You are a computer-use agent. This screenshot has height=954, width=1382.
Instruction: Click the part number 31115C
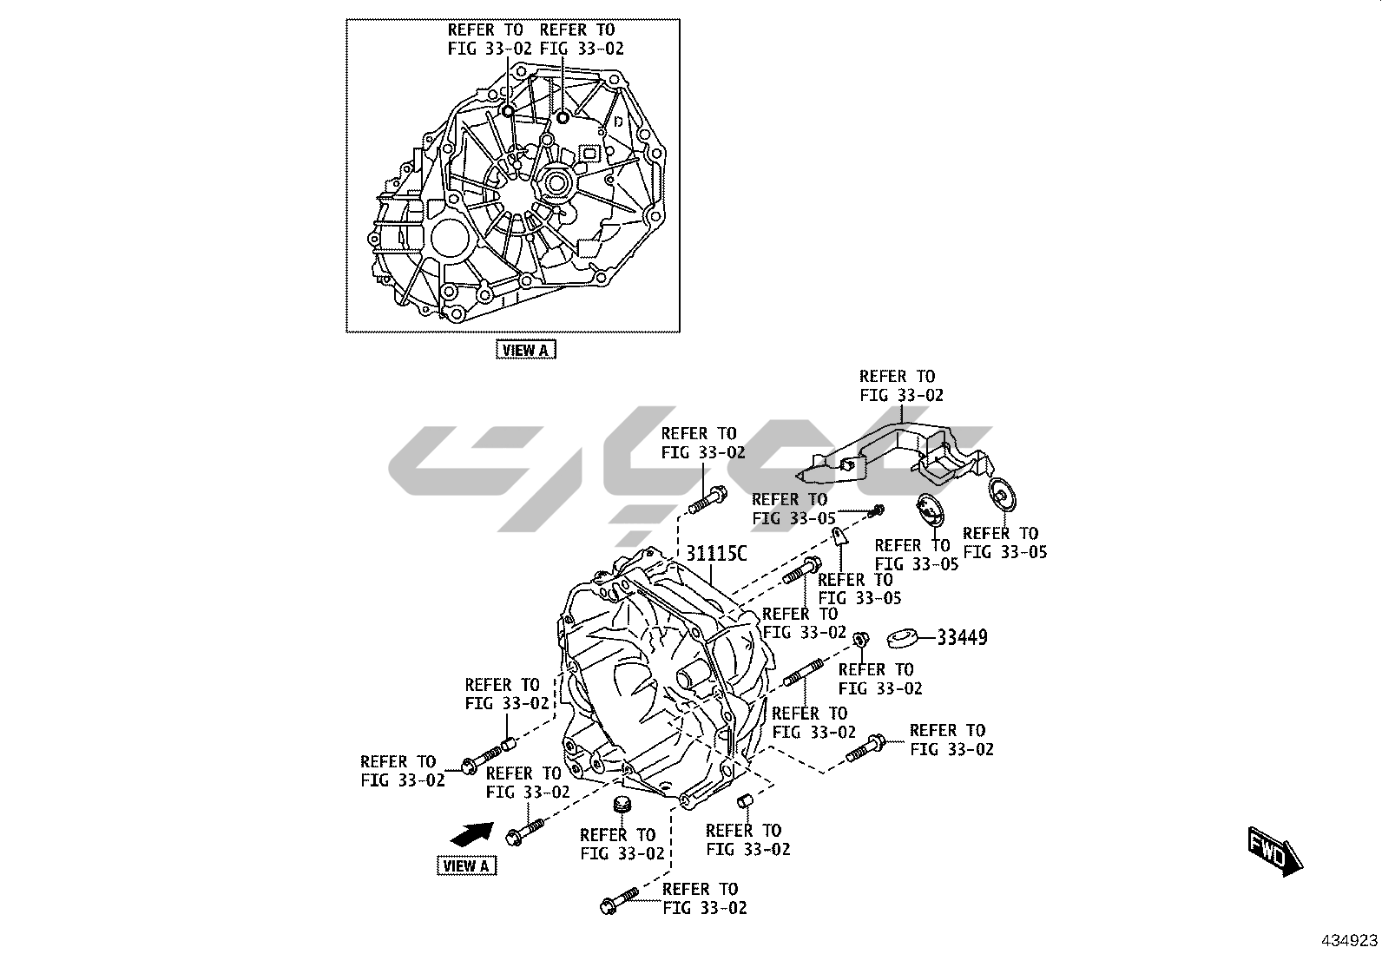[716, 554]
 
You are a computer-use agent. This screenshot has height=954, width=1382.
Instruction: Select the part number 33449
[962, 638]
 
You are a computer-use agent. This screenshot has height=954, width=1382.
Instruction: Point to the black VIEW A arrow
[471, 834]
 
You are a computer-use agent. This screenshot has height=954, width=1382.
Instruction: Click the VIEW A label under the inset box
[525, 350]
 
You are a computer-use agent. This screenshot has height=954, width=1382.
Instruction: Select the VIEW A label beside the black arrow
[466, 865]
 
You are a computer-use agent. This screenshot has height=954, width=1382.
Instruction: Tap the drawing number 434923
[1350, 941]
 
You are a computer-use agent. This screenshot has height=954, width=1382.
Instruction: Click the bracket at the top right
[903, 451]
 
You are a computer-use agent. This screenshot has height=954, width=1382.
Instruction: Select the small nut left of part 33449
[859, 640]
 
